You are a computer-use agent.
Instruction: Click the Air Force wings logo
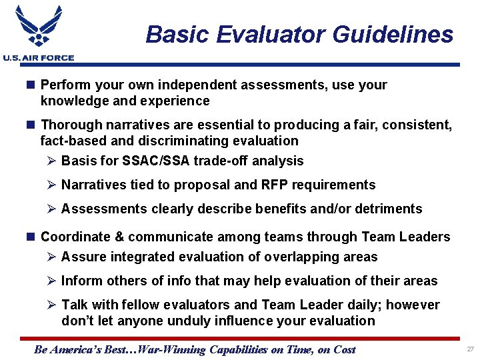point(38,28)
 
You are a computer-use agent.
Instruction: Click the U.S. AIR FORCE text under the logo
point(38,58)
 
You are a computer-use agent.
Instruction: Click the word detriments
point(391,209)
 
